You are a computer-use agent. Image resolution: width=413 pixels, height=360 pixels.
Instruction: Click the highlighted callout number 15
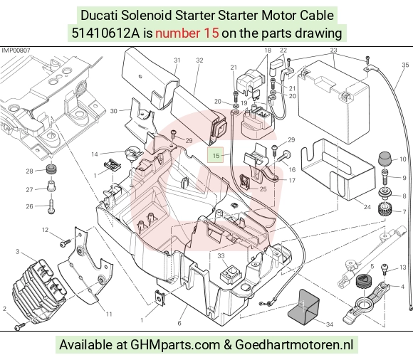pos(216,156)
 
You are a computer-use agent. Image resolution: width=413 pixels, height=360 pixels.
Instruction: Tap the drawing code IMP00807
pos(16,51)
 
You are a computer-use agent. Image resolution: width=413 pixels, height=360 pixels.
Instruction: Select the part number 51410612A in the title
pos(106,33)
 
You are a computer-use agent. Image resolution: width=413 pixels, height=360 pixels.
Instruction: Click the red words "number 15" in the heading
pos(187,33)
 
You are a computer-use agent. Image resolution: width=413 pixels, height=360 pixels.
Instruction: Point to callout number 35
pos(405,65)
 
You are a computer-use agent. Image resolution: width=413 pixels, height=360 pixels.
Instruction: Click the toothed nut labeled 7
pos(385,209)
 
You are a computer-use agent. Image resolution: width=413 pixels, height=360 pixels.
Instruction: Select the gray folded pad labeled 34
pos(303,307)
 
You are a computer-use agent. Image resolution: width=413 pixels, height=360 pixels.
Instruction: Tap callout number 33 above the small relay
pos(221,255)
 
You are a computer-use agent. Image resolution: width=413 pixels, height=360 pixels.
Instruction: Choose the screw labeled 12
pos(66,243)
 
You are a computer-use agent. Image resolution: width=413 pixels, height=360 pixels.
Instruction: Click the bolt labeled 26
pos(51,207)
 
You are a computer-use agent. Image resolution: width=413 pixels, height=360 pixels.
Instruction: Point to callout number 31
pos(177,60)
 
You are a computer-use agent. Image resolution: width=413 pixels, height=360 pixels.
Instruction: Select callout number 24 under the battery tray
pos(367,207)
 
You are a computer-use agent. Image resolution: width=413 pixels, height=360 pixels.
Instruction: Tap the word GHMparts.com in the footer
pos(175,344)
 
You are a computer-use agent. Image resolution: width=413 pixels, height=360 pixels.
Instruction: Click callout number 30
pos(113,111)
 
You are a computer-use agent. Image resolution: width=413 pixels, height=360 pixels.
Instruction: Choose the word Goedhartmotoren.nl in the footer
pos(293,344)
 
